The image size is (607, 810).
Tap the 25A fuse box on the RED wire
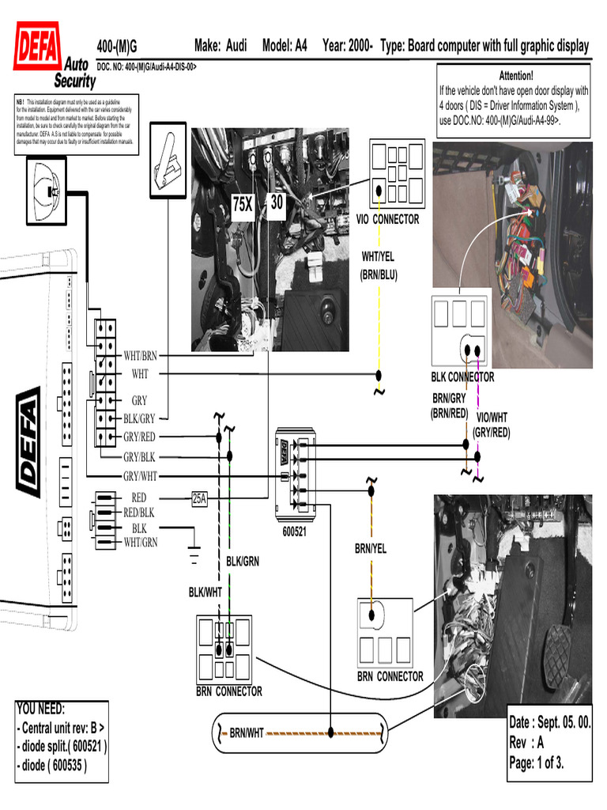click(x=199, y=498)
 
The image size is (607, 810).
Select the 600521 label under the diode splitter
click(x=295, y=532)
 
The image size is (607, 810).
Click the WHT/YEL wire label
click(x=379, y=256)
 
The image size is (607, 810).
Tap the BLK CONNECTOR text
click(x=462, y=377)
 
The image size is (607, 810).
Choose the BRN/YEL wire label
click(x=371, y=548)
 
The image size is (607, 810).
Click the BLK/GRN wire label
click(x=243, y=561)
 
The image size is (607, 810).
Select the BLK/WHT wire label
click(x=205, y=592)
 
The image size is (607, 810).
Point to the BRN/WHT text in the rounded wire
click(x=247, y=733)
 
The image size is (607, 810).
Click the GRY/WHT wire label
click(x=140, y=475)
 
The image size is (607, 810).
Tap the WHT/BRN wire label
click(x=141, y=356)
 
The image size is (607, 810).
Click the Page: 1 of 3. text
click(x=536, y=763)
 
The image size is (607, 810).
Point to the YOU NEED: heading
click(x=41, y=709)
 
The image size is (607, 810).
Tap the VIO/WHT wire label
click(x=492, y=417)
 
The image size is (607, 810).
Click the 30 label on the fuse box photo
click(x=276, y=202)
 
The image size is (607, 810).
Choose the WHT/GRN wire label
click(x=141, y=542)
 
